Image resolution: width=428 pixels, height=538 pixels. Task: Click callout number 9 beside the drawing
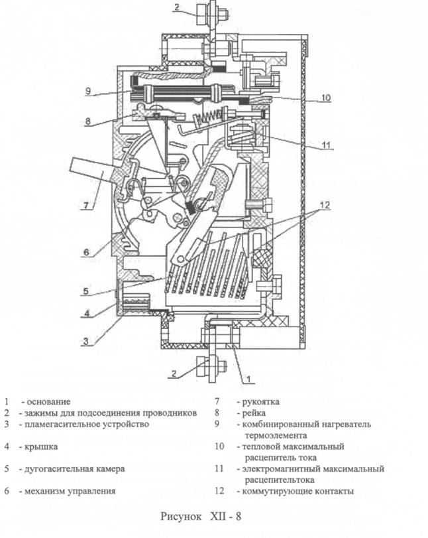click(x=88, y=91)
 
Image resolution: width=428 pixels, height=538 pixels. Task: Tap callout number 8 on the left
click(x=88, y=121)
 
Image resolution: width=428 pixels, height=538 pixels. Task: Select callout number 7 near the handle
click(x=85, y=206)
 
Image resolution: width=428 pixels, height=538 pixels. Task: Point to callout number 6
click(x=86, y=253)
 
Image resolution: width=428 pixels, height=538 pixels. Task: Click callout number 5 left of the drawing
click(x=85, y=291)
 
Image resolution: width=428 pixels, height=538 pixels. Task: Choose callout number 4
click(x=87, y=313)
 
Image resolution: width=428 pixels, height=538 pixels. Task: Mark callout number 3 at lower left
click(x=86, y=341)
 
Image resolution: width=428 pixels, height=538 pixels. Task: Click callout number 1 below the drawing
click(x=249, y=379)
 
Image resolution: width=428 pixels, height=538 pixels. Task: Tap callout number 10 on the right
click(x=325, y=98)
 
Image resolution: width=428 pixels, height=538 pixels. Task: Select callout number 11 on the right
click(x=326, y=145)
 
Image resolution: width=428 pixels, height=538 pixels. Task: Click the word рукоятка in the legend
click(x=261, y=401)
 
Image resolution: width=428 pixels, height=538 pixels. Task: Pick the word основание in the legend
click(x=48, y=401)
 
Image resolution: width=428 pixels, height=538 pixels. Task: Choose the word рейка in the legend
click(x=254, y=413)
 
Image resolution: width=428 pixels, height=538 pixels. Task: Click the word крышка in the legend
click(x=41, y=446)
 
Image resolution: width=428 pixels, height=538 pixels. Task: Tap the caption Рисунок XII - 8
click(x=201, y=516)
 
